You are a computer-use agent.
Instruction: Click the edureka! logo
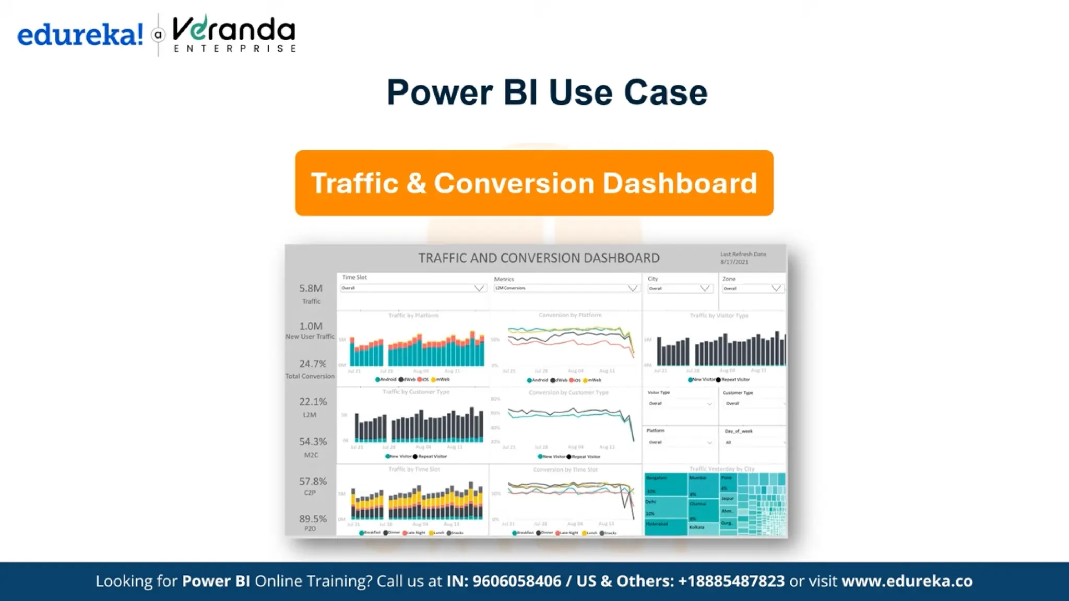point(80,35)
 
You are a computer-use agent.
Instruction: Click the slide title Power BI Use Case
point(547,93)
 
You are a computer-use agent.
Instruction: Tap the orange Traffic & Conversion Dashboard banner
point(534,183)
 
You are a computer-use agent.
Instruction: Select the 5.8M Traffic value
point(311,289)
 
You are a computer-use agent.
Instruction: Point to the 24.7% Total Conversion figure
point(312,364)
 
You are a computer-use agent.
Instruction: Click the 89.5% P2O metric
point(312,519)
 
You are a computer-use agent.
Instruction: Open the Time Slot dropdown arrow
point(479,289)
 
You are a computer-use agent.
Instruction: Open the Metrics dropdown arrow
point(632,289)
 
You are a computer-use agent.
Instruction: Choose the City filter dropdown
point(679,289)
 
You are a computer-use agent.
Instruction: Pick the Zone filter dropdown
point(752,289)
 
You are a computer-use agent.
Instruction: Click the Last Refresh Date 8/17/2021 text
point(742,258)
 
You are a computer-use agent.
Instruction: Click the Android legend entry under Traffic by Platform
point(386,380)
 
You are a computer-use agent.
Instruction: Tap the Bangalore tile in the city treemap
point(665,484)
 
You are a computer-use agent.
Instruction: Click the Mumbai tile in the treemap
point(702,484)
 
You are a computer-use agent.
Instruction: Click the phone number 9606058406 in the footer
point(516,581)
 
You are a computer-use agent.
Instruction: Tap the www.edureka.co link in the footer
point(907,581)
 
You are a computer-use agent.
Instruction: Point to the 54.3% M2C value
point(312,442)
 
